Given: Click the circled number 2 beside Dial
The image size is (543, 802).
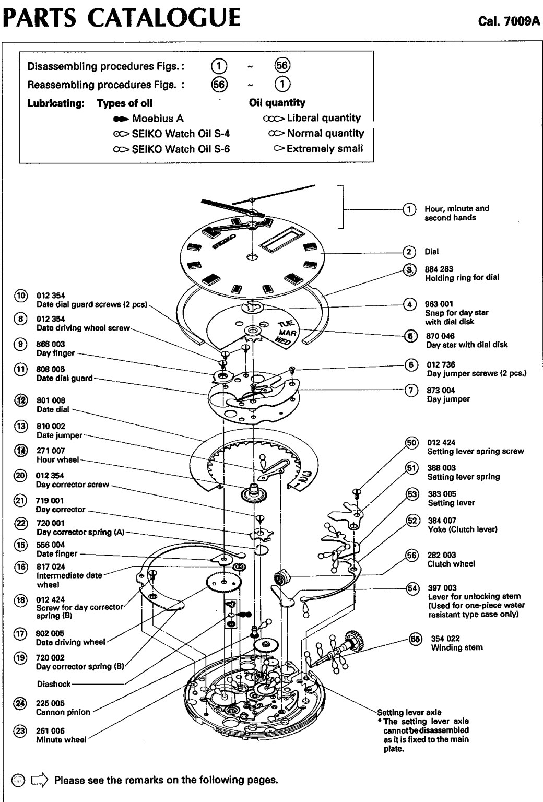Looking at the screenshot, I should (x=410, y=252).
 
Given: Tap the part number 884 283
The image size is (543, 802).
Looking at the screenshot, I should (x=440, y=269).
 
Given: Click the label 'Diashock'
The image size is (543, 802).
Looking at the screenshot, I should (x=54, y=684).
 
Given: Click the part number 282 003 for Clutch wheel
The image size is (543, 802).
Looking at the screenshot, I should (x=442, y=555).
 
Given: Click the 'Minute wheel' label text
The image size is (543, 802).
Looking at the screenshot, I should (x=61, y=740).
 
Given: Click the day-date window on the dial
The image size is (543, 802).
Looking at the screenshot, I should (x=282, y=243).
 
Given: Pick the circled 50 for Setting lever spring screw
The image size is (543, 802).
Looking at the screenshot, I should (x=412, y=443).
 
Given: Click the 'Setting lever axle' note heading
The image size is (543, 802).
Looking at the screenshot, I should (x=409, y=712).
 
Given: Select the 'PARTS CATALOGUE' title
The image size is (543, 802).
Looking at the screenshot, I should (x=122, y=17).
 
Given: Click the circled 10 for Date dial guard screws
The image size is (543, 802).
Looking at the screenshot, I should (x=20, y=296).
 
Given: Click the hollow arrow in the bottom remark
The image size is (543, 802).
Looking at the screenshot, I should (x=40, y=781).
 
